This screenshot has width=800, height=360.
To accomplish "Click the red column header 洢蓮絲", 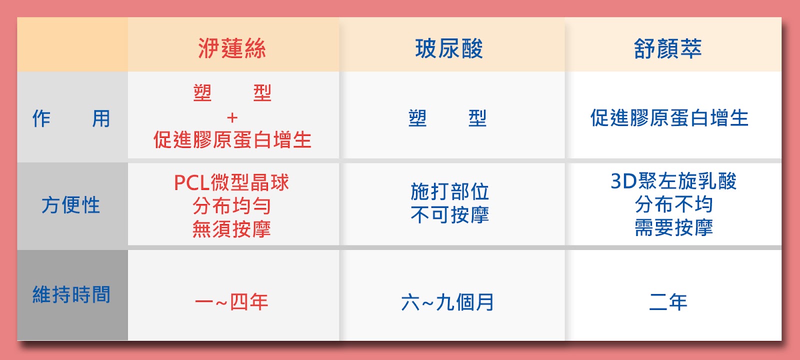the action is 232,48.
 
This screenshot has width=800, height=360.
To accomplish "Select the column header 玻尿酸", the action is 449,48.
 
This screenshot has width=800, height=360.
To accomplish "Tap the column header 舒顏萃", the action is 667,48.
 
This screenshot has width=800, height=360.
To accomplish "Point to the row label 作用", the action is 71,118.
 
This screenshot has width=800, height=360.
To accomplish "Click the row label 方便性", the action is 70,205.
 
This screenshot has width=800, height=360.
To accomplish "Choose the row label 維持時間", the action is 71,294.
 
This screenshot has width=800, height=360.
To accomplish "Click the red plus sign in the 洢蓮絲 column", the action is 232,117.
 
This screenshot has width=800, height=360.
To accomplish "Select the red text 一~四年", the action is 232,302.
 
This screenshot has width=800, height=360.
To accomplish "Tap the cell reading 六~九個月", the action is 447,302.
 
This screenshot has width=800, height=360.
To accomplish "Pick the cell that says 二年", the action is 668,302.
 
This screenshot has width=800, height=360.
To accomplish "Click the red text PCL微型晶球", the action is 231,182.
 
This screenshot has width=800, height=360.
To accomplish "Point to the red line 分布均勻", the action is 232,205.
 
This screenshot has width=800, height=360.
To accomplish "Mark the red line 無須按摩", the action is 232,229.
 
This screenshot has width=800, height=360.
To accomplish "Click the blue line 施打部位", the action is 449,192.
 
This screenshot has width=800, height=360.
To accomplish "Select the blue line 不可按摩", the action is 449,215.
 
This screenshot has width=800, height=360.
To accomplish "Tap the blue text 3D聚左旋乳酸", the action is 673,180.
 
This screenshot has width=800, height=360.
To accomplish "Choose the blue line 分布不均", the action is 674,204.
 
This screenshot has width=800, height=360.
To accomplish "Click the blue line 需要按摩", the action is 674,227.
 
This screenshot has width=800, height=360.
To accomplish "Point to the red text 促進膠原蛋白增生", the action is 232,139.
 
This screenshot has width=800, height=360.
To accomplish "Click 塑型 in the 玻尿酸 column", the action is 447,118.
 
